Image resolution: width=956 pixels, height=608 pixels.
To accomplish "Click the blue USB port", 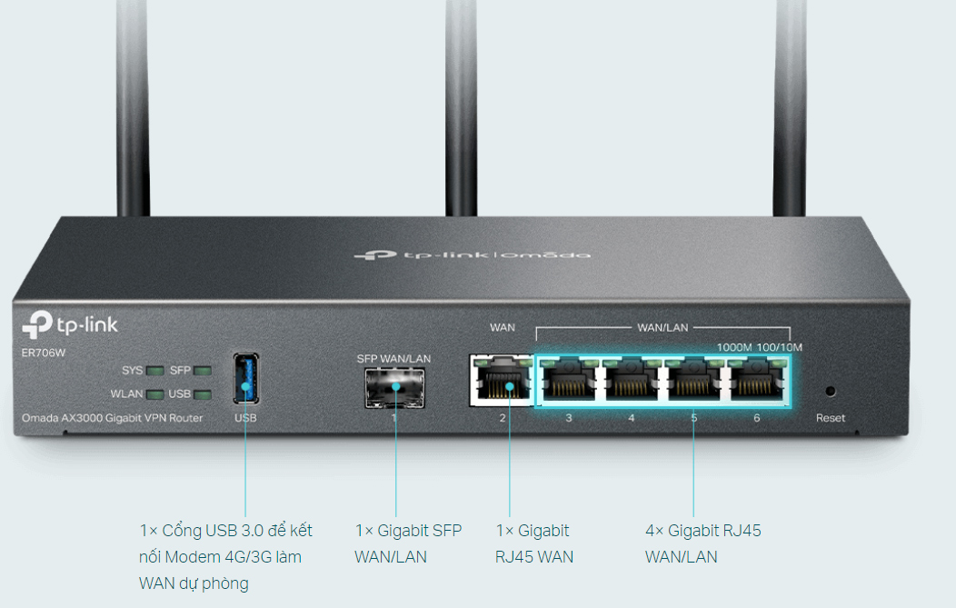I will [x=245, y=378].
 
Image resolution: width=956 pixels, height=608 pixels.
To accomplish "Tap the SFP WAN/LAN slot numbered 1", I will [x=395, y=386].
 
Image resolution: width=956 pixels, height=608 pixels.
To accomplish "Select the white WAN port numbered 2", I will [x=502, y=383].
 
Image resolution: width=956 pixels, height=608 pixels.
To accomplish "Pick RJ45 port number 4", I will [x=632, y=383].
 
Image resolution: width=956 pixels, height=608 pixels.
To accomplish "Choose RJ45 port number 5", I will [x=694, y=383].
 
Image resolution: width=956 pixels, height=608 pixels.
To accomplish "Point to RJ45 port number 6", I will [x=757, y=383].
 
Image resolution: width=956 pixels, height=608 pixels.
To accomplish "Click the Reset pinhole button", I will [x=830, y=392].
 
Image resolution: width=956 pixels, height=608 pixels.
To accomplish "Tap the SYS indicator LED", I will [x=155, y=371].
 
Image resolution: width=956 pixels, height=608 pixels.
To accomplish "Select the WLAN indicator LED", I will [x=155, y=394].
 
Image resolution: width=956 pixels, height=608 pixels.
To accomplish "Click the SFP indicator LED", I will [x=202, y=371].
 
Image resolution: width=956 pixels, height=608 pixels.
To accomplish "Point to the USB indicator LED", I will [x=202, y=394].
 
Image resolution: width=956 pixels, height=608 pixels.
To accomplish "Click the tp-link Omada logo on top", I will [x=472, y=255].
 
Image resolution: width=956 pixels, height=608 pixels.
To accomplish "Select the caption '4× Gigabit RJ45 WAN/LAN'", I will [x=702, y=543].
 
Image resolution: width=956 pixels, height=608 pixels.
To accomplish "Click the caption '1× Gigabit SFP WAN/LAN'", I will [x=407, y=543].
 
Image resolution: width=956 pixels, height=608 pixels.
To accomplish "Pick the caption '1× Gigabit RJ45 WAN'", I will [x=534, y=543].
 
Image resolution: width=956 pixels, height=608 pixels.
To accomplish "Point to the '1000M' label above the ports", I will [x=735, y=347].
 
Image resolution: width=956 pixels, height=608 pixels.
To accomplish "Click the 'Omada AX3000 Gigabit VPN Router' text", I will [x=113, y=418].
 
